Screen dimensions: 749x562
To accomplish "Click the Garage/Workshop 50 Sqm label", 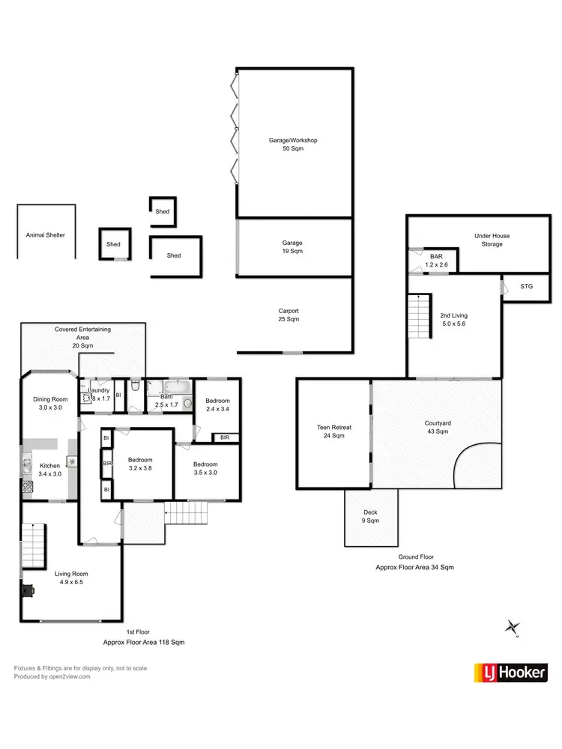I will pos(294,144).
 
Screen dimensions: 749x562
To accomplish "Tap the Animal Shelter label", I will pos(45,234).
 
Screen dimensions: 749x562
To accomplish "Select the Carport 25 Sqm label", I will pos(288,315).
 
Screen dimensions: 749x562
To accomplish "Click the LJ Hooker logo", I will pos(510,673).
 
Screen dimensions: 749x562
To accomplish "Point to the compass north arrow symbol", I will pos(513,627).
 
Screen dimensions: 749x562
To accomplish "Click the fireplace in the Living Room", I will pos(28,590).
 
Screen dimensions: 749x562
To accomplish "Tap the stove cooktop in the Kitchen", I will pos(28,487).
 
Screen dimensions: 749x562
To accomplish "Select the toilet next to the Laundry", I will pos(135,387).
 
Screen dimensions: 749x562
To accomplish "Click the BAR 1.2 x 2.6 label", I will pos(436,260).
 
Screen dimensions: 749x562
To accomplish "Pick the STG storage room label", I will pos(517,287).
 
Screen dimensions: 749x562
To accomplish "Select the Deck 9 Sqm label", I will pos(370,516).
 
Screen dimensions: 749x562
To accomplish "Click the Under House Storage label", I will pos(492,240).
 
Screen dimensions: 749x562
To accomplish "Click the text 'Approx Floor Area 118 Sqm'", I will pos(144,643).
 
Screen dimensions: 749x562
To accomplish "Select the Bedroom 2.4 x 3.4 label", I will pos(217,405).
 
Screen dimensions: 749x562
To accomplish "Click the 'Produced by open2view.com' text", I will pos(52,676).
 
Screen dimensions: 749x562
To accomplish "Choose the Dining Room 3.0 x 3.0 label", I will pos(50,404).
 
